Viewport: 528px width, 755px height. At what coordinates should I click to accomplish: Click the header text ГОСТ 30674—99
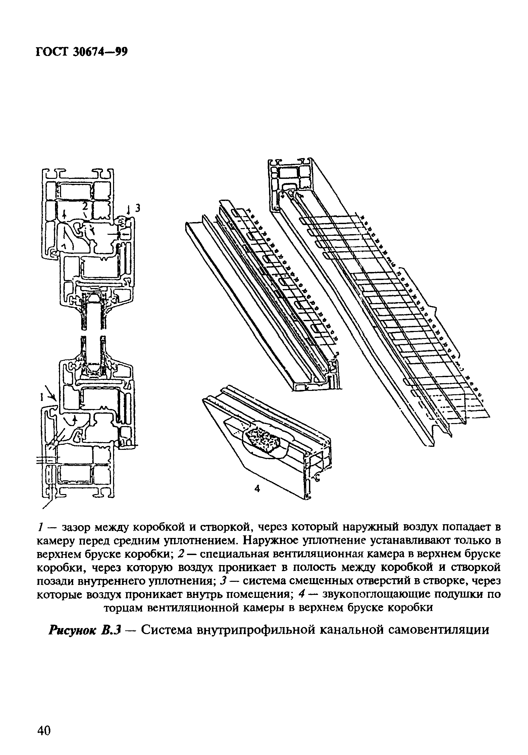(82, 52)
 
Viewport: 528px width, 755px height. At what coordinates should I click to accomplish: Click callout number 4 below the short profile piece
(257, 489)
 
